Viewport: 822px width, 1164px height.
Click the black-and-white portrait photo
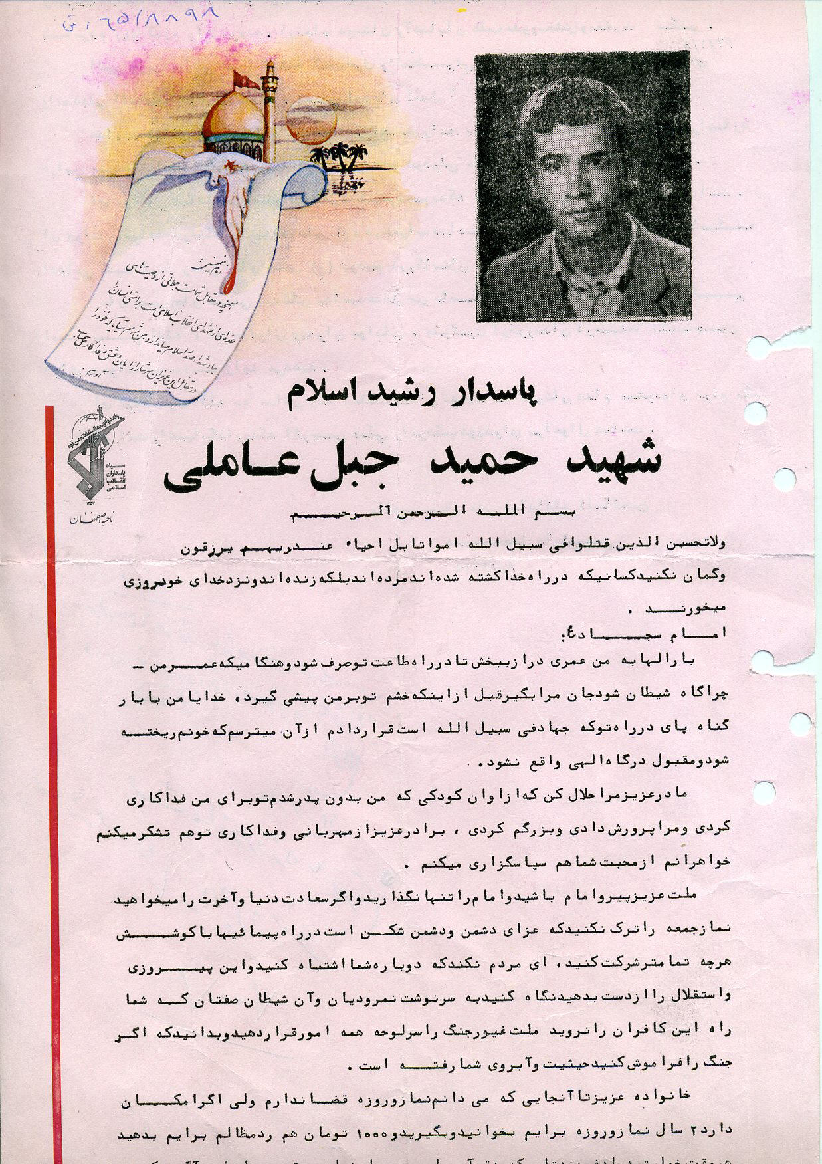click(583, 186)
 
